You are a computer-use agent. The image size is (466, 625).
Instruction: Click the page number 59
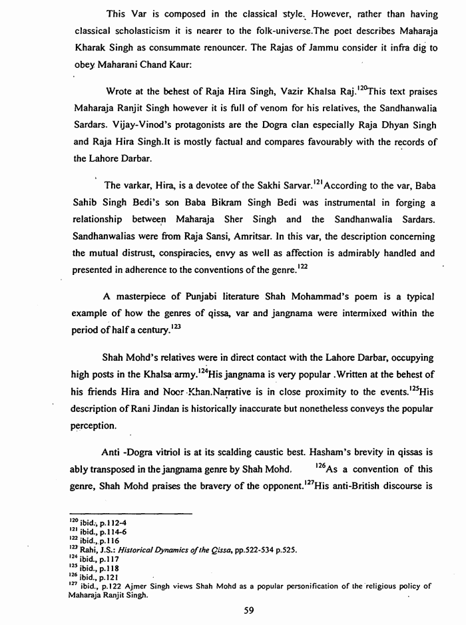pyautogui.click(x=250, y=612)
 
